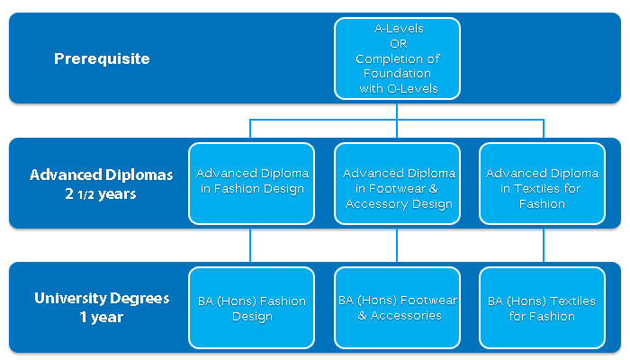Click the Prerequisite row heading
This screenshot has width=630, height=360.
[x=102, y=58]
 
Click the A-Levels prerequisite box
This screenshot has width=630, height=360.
[x=397, y=58]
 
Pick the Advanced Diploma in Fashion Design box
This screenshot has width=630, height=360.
[x=251, y=184]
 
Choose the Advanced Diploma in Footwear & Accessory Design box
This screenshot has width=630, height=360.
[x=397, y=184]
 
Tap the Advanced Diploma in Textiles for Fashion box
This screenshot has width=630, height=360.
[x=542, y=184]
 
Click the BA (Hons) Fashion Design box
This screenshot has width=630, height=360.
[x=251, y=308]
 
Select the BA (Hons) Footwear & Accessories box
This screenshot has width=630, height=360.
[x=397, y=308]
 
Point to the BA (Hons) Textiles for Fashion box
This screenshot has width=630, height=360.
[x=542, y=308]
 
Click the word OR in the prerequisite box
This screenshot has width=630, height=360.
[x=398, y=43]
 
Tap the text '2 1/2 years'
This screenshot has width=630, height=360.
[x=101, y=194]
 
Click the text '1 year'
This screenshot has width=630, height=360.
[x=101, y=317]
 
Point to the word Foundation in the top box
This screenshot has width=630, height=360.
[x=398, y=74]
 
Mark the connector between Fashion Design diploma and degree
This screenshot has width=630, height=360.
[x=250, y=245]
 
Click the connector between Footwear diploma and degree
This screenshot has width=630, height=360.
[x=397, y=245]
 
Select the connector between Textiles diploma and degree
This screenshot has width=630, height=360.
[x=544, y=245]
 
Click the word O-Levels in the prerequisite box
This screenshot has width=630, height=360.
[x=412, y=89]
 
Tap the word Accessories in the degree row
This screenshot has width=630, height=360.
[x=406, y=316]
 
